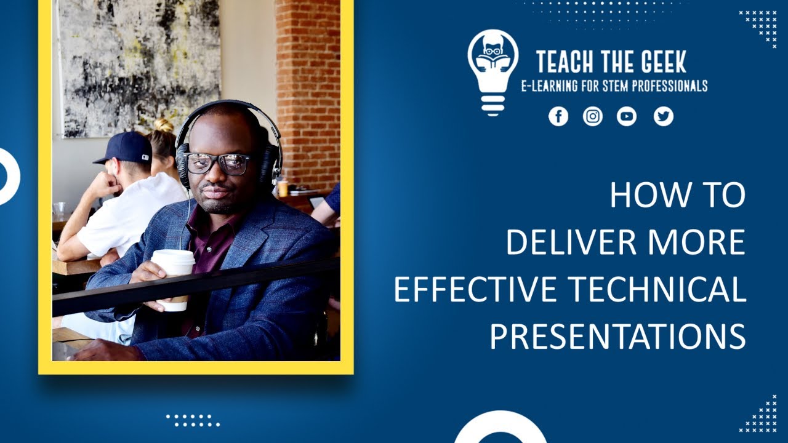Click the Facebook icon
[x=558, y=116]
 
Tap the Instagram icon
[x=593, y=116]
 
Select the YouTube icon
[x=627, y=116]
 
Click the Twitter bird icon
[x=663, y=116]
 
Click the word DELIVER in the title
[x=557, y=242]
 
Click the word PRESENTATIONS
[x=617, y=337]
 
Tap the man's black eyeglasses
[x=217, y=163]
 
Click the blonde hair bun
[x=164, y=126]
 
